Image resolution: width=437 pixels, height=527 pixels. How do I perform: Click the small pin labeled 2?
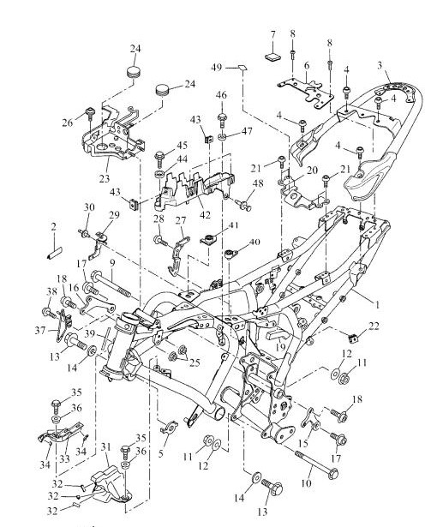(x=53, y=252)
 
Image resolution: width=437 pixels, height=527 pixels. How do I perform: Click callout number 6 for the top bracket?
(x=307, y=65)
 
